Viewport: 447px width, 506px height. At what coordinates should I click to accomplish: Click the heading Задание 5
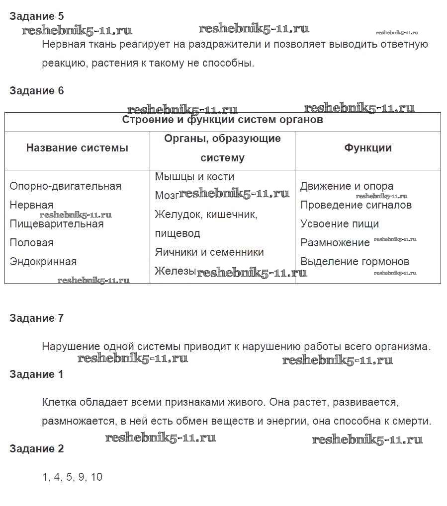click(x=36, y=16)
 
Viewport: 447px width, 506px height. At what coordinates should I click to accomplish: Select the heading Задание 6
click(x=36, y=91)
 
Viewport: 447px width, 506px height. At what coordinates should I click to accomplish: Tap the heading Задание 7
click(x=36, y=318)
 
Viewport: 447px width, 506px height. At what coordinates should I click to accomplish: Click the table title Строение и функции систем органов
click(x=222, y=120)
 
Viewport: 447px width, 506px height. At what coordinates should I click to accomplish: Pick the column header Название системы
click(x=77, y=148)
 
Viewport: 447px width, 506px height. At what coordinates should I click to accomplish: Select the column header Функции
click(x=368, y=148)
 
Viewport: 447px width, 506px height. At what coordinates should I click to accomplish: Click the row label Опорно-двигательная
click(x=65, y=186)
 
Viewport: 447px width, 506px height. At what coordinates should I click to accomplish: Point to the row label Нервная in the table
click(x=31, y=205)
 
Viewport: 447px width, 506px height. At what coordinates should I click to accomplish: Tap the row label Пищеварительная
click(x=57, y=224)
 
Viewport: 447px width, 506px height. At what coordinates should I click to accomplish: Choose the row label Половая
click(x=31, y=243)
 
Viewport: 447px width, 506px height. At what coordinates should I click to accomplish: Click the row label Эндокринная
click(x=43, y=262)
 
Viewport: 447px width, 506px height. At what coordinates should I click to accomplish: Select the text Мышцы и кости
click(x=194, y=177)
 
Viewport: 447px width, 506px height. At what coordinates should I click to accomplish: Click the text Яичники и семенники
click(x=209, y=252)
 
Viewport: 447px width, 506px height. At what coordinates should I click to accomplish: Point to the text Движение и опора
click(x=347, y=186)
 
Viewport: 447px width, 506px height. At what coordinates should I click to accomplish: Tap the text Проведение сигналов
click(x=356, y=205)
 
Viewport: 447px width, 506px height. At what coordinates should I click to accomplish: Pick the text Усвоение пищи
click(x=340, y=224)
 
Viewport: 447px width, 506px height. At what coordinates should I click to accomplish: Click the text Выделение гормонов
click(x=355, y=262)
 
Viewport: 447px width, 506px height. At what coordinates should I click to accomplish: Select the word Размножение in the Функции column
click(x=335, y=243)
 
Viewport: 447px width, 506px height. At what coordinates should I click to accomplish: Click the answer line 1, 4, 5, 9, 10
click(x=72, y=477)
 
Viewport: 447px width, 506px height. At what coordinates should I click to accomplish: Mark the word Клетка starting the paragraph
click(x=57, y=402)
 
